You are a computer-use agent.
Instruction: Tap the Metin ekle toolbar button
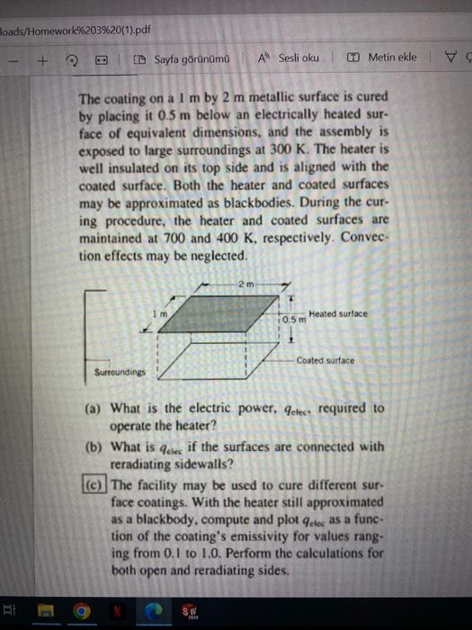[384, 58]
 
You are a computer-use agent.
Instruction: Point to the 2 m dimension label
[247, 285]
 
